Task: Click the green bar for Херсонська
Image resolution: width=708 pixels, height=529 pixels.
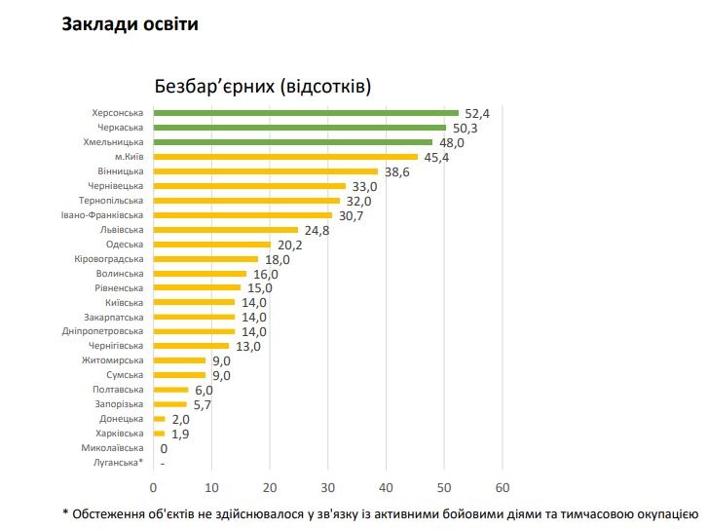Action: click(306, 113)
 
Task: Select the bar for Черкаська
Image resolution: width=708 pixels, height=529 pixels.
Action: click(300, 128)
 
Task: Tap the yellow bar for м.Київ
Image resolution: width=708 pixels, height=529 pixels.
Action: click(285, 157)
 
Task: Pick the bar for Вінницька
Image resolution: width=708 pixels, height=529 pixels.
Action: click(266, 171)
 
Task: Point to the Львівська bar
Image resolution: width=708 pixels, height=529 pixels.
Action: click(226, 230)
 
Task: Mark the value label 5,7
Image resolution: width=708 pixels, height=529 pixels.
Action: click(204, 404)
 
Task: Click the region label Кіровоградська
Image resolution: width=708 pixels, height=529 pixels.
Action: click(109, 259)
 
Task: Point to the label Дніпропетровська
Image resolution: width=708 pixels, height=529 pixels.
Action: click(105, 331)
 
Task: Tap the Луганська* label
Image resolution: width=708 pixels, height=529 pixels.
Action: click(116, 463)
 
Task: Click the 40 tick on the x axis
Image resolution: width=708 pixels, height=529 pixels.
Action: click(386, 486)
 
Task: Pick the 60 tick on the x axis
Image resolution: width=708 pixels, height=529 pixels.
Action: click(503, 486)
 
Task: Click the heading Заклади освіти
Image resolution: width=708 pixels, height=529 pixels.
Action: click(130, 24)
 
